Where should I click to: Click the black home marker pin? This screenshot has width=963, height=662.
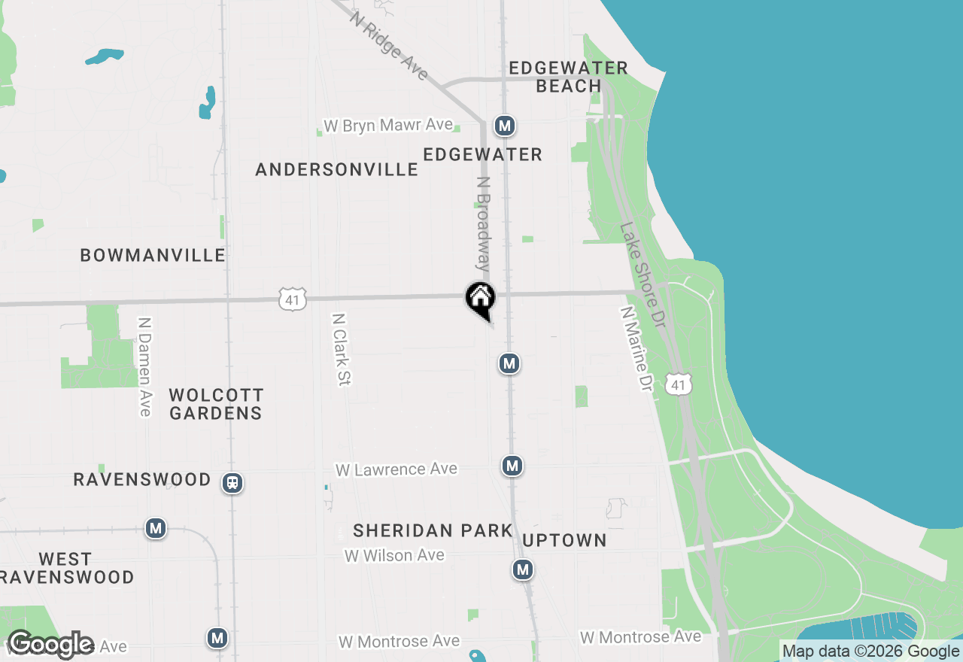click(480, 299)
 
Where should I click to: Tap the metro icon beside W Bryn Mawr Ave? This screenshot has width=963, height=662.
click(505, 126)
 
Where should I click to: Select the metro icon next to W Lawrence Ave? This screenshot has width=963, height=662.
click(512, 466)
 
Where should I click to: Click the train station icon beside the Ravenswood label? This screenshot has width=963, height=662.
click(232, 482)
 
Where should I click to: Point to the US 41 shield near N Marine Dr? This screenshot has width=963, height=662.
click(679, 385)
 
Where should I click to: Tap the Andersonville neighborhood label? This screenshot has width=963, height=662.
click(336, 169)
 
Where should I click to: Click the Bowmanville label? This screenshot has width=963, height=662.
click(153, 255)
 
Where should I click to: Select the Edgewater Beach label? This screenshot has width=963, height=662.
click(568, 77)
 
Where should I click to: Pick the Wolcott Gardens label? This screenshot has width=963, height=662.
click(216, 404)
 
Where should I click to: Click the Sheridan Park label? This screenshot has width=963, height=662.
click(433, 530)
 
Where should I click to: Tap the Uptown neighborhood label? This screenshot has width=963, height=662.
click(564, 540)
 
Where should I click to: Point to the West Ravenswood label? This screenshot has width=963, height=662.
click(66, 568)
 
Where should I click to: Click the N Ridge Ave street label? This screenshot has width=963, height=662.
click(389, 44)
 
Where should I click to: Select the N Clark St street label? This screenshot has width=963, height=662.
click(341, 350)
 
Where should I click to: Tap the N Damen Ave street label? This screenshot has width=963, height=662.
click(144, 366)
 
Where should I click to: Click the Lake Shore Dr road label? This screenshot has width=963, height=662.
click(644, 275)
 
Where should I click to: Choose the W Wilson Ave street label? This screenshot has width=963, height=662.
click(394, 556)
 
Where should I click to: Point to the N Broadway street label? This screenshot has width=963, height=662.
click(483, 223)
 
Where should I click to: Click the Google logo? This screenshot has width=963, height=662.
click(50, 644)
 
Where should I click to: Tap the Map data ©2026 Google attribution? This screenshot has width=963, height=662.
click(870, 651)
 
